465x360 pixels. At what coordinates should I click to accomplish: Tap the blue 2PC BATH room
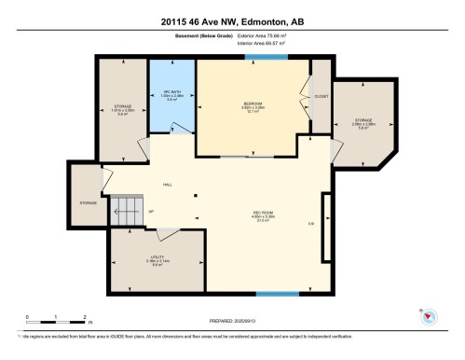pos(171,93)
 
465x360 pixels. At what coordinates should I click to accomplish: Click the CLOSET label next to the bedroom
pos(321,94)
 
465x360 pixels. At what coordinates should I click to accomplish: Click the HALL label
pos(168,185)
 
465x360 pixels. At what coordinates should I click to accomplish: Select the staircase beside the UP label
pos(125,212)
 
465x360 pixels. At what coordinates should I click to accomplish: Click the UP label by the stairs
pos(150,212)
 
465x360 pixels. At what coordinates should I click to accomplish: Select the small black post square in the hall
pos(195,195)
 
